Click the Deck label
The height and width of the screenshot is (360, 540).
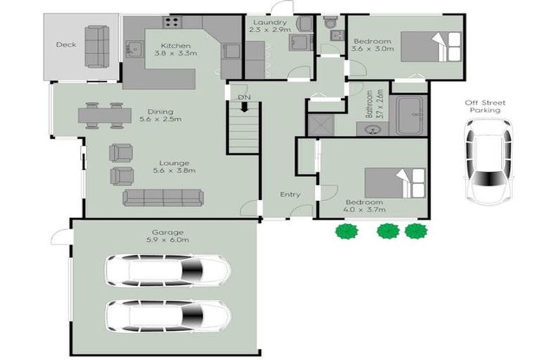pyautogui.click(x=66, y=45)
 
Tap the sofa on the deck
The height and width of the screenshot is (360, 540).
pyautogui.click(x=97, y=46)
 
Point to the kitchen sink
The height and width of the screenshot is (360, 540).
pyautogui.click(x=131, y=50)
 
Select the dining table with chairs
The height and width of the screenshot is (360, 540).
pyautogui.click(x=105, y=115)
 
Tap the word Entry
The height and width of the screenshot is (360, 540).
pyautogui.click(x=290, y=195)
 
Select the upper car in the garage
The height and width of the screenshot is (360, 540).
pyautogui.click(x=169, y=271)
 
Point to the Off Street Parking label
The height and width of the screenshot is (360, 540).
pyautogui.click(x=485, y=106)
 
